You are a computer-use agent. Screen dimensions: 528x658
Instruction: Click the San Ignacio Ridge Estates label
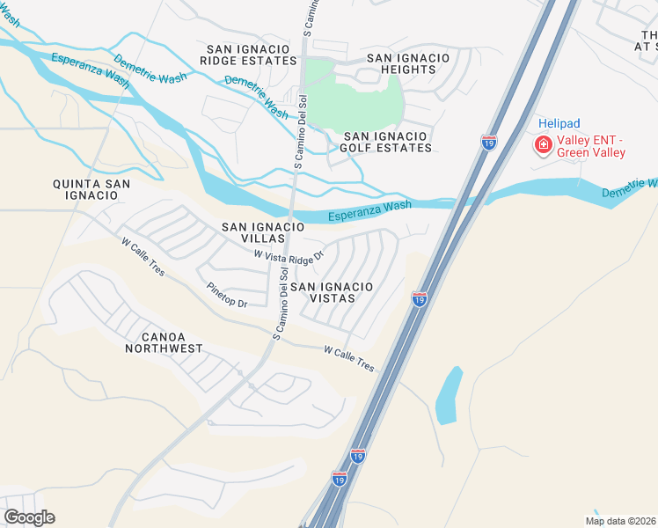point(248,55)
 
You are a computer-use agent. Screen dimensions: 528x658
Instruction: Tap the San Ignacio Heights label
point(407,63)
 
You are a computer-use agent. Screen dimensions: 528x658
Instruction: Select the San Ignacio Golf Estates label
point(387,142)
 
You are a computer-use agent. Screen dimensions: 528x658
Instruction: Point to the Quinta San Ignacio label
point(91,189)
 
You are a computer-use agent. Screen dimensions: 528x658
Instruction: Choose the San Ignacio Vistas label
point(331,292)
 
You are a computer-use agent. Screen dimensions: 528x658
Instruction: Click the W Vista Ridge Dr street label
point(289,254)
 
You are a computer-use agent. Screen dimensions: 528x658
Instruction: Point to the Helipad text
point(559,124)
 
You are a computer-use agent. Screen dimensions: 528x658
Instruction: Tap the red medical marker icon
point(544,145)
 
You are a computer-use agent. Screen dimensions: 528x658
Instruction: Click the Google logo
point(29,517)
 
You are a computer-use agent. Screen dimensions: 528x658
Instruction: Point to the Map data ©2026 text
point(619,521)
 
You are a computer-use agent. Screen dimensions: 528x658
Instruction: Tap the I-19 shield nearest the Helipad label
point(489,142)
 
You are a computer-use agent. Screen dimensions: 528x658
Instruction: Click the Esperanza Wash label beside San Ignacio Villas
point(370,211)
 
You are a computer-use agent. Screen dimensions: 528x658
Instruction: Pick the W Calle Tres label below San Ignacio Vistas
point(348,357)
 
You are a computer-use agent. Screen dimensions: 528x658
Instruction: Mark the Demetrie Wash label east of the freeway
point(630,188)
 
